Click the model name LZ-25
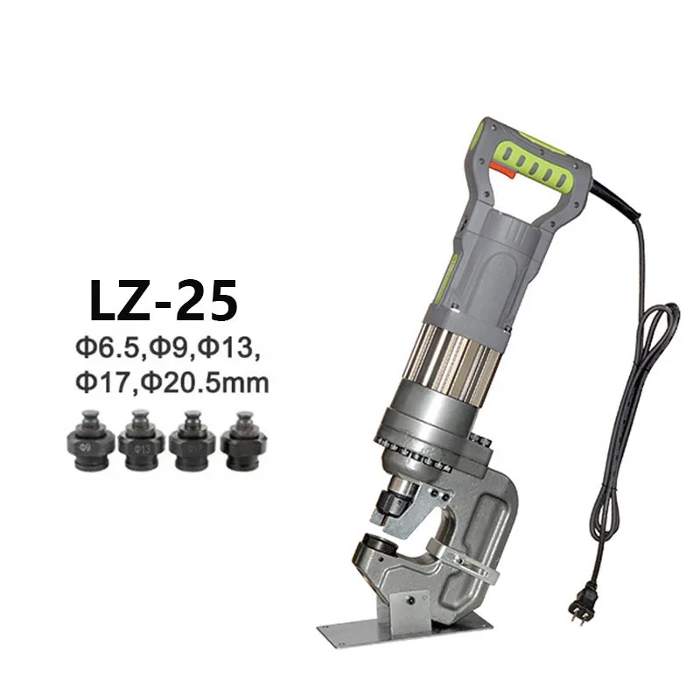tap(163, 298)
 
